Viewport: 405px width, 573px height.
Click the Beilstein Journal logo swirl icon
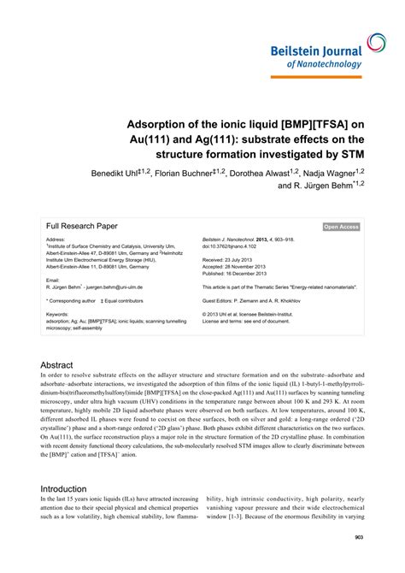(377, 44)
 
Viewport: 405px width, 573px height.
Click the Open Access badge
(342, 227)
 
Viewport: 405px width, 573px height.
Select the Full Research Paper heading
(83, 226)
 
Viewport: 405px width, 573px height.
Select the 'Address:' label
(56, 240)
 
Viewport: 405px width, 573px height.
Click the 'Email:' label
(53, 281)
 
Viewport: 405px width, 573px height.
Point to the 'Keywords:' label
(57, 315)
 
